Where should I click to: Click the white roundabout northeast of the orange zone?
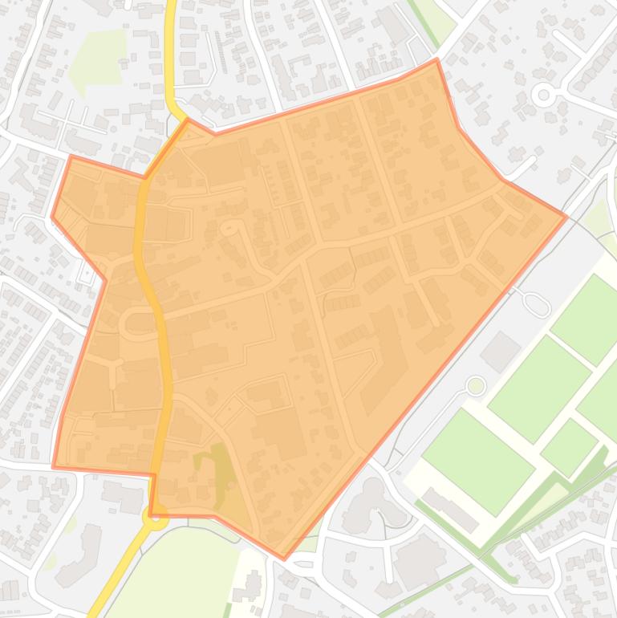coord(544,96)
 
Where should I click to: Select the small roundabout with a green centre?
coord(476,386)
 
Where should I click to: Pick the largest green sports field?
coord(478,461)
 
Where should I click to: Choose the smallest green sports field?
coord(569,447)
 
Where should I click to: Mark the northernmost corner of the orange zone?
coord(436,59)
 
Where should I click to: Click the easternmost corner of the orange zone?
coord(566,194)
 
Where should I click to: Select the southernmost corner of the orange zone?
coord(283,559)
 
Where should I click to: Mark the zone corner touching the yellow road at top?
coord(187,120)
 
